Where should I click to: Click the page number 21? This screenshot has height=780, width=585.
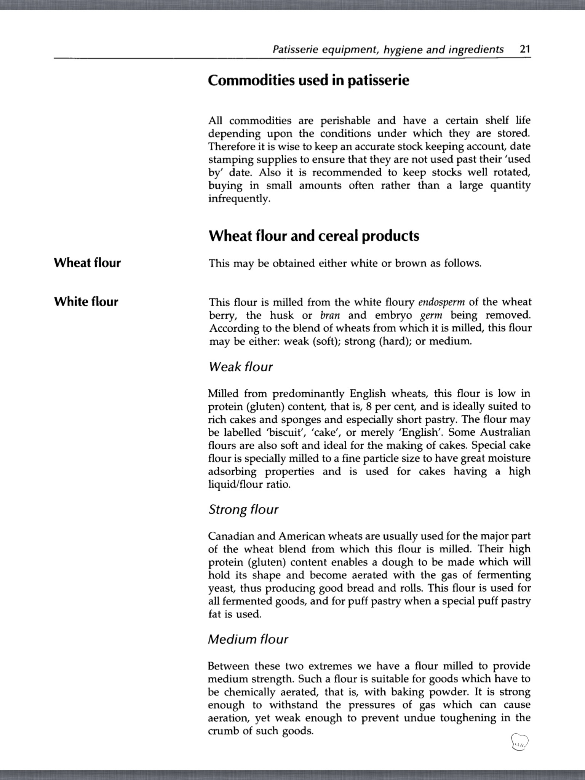click(525, 50)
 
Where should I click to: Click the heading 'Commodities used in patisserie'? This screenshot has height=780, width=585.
click(308, 80)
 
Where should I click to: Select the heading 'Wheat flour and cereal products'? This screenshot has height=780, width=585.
click(314, 236)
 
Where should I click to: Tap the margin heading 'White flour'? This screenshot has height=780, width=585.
click(86, 302)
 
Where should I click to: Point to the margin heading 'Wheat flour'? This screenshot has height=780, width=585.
click(87, 263)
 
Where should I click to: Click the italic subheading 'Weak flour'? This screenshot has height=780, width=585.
click(241, 367)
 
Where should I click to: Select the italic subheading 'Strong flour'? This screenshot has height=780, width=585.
click(243, 510)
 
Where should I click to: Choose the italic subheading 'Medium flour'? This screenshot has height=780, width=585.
click(248, 639)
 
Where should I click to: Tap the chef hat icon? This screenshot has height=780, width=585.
click(520, 742)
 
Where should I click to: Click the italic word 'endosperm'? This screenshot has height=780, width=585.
click(441, 302)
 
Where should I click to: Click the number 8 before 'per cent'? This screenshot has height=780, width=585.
click(368, 406)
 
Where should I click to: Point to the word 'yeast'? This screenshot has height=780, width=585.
click(221, 588)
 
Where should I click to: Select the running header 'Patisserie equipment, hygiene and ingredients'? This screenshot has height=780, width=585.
click(388, 50)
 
